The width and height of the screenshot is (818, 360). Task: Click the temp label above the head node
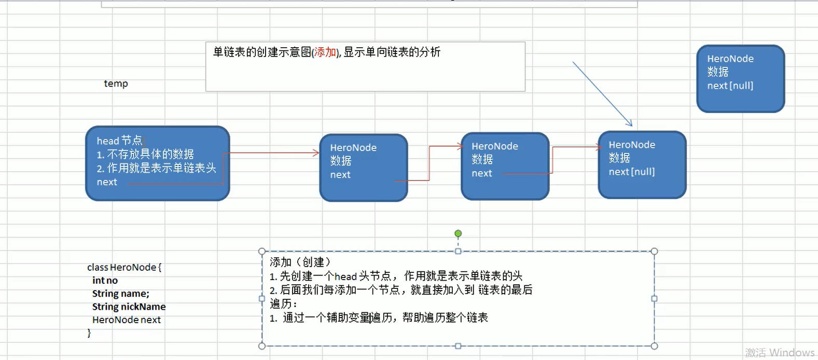point(116,84)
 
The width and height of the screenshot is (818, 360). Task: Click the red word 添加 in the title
point(325,52)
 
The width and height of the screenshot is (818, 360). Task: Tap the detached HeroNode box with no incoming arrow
point(740,79)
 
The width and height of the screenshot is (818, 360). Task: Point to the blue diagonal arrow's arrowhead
point(630,124)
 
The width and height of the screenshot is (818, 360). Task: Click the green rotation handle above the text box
point(458,234)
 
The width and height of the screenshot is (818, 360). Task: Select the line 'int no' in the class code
point(105,281)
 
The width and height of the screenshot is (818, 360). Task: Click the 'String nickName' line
point(129,307)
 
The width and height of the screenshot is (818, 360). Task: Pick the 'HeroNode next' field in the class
point(126,320)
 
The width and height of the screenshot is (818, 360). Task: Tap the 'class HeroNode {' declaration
point(124,267)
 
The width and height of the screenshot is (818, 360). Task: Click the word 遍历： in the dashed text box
point(283,303)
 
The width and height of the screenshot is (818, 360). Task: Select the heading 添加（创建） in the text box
point(300,262)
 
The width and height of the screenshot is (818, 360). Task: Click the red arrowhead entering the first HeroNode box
point(316,153)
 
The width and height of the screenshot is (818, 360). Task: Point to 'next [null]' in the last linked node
point(631,172)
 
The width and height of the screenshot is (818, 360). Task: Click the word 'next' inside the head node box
point(107,182)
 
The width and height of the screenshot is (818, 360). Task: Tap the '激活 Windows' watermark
point(779,353)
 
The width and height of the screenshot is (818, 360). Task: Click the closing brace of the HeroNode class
point(89,333)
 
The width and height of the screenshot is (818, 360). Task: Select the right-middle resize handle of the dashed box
point(654,299)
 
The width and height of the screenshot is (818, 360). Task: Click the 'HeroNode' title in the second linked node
point(494,146)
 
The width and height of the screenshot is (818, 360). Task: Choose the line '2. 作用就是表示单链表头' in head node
point(156,168)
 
